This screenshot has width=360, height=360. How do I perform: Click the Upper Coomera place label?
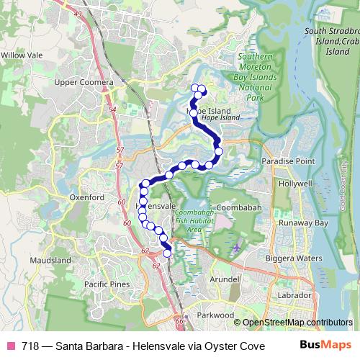click(x=85, y=83)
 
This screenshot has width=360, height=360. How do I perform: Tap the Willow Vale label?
click(x=22, y=55)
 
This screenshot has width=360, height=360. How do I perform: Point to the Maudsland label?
click(x=50, y=259)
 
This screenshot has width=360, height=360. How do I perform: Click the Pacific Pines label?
click(x=107, y=284)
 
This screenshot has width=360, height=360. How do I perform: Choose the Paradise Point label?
click(x=288, y=161)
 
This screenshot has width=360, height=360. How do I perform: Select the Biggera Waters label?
click(x=295, y=257)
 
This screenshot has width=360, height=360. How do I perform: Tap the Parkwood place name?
click(x=217, y=315)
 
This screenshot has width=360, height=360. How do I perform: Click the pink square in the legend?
click(x=10, y=345)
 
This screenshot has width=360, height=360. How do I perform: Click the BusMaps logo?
click(x=320, y=345)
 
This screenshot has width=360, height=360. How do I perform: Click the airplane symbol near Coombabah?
click(x=238, y=248)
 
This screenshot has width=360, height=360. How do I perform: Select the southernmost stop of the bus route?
click(x=168, y=253)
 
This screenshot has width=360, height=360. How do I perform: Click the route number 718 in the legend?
click(x=30, y=345)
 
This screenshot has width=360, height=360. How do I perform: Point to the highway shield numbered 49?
click(x=78, y=14)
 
